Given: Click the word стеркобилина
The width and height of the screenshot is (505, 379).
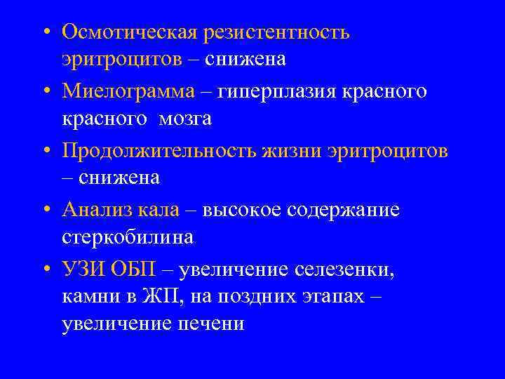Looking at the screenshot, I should pos(127,238).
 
